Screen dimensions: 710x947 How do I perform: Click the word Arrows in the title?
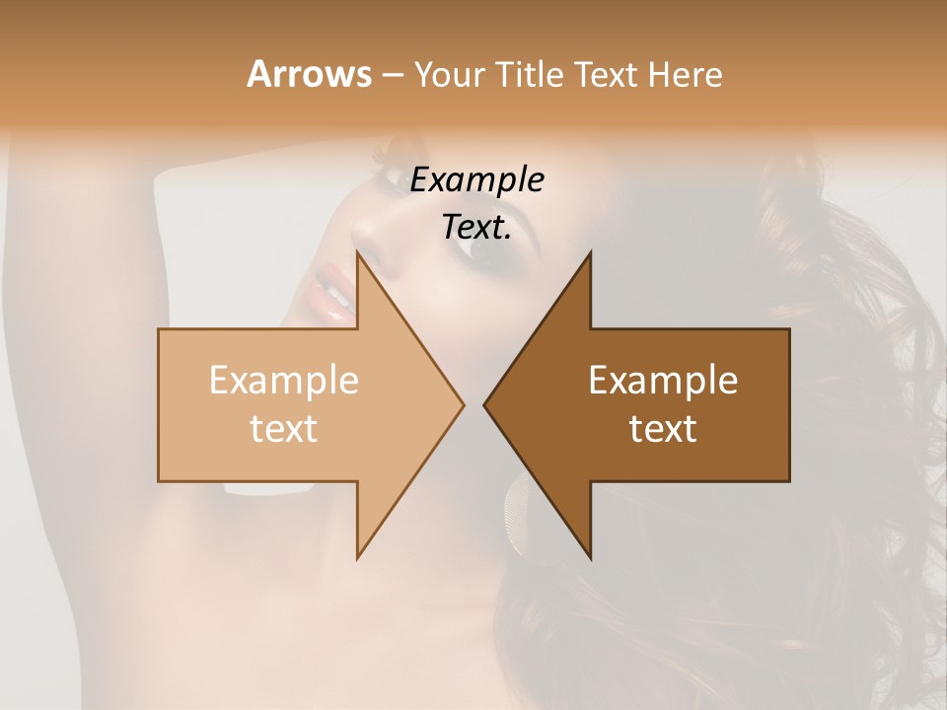(309, 74)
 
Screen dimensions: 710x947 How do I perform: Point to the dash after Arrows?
(392, 75)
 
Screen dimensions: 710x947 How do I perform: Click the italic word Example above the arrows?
(477, 180)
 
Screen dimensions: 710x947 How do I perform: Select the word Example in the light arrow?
(284, 380)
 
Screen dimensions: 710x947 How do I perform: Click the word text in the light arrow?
(284, 428)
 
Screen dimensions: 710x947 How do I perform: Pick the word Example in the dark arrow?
(663, 380)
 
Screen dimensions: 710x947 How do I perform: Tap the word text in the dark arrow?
(663, 428)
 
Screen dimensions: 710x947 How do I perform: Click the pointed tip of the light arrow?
(462, 404)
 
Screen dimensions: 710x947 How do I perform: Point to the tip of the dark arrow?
(486, 404)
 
